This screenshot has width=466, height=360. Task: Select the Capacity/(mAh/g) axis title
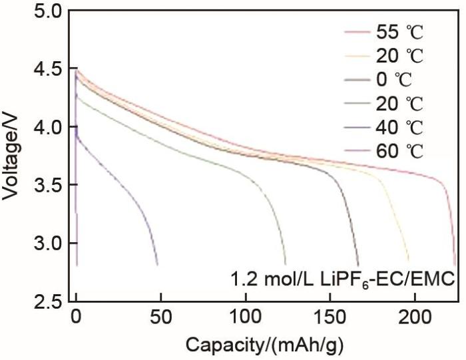pos(265,345)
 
